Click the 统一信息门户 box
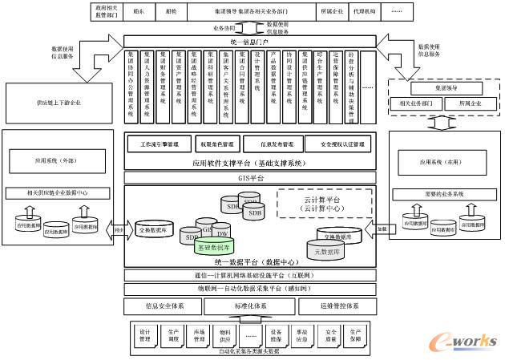coord(250,42)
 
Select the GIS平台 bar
coord(250,177)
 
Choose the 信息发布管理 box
coord(273,145)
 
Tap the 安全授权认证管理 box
coord(338,145)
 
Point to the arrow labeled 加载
coord(382,229)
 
